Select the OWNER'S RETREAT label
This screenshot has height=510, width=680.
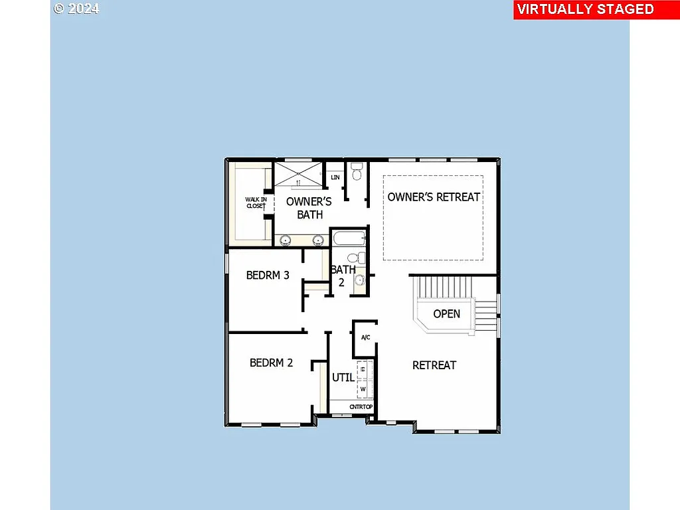click(x=434, y=197)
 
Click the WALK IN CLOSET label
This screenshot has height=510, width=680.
click(x=256, y=203)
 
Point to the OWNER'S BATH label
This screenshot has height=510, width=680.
click(x=309, y=208)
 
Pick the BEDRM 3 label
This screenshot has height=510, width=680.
click(x=268, y=275)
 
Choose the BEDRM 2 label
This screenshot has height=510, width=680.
click(x=271, y=363)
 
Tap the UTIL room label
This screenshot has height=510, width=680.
click(x=343, y=377)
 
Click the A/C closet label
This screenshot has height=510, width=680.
click(x=365, y=338)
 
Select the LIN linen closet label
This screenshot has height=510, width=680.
click(x=335, y=177)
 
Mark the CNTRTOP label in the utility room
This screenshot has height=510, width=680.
click(x=361, y=406)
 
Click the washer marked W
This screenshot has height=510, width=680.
click(x=363, y=388)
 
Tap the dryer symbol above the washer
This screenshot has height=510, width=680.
click(x=363, y=370)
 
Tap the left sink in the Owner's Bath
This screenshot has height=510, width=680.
click(x=286, y=240)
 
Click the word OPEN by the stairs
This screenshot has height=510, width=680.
click(x=446, y=313)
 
